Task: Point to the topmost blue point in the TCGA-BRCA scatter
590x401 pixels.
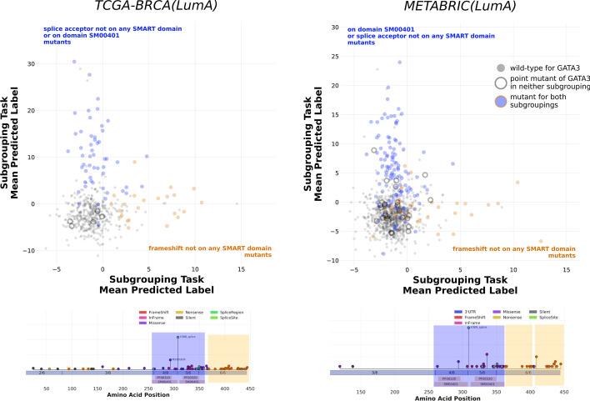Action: [74, 62]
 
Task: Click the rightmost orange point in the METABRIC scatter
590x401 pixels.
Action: [540, 242]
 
